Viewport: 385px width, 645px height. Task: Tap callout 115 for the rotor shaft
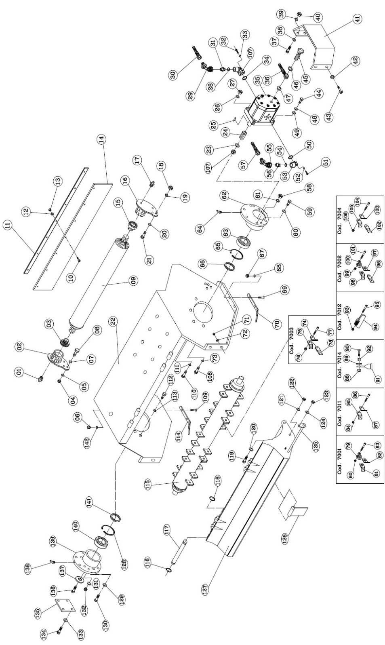(147, 483)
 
